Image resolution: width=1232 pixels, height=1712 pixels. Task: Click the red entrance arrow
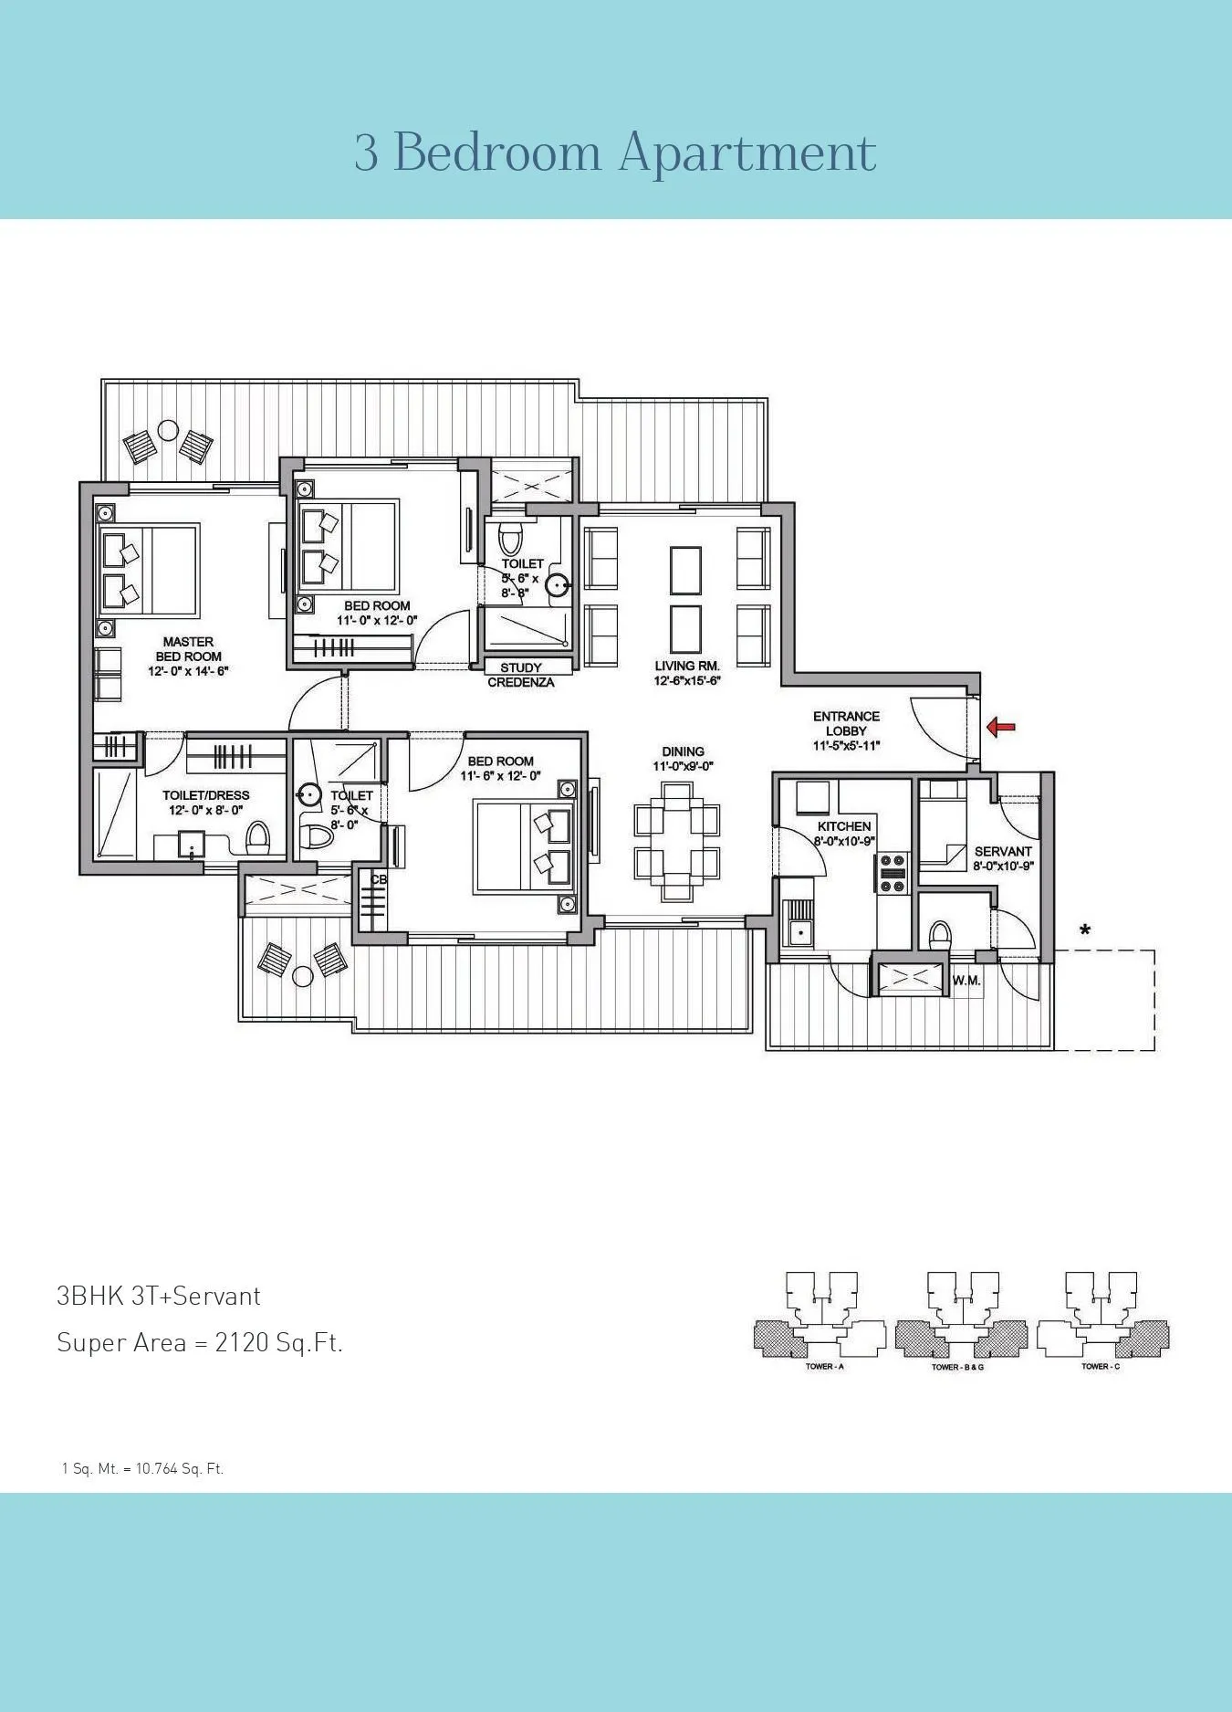[1001, 727]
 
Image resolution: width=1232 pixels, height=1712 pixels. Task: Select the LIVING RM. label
[686, 667]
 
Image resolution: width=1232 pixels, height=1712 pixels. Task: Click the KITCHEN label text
[843, 826]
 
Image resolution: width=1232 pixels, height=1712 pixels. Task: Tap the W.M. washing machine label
[966, 982]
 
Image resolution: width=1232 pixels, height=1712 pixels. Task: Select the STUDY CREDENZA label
[520, 675]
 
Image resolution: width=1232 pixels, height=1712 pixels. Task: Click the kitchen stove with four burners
[892, 872]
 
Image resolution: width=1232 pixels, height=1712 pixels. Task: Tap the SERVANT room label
[1002, 851]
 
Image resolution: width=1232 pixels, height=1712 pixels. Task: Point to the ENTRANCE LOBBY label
[846, 723]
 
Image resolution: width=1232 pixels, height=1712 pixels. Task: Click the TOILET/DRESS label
[205, 795]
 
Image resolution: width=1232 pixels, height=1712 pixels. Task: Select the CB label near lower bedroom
[378, 879]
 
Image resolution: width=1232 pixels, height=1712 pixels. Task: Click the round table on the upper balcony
[168, 430]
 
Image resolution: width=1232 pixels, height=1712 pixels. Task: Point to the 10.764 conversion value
[155, 1469]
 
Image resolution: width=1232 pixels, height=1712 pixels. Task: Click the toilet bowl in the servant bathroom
[939, 935]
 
